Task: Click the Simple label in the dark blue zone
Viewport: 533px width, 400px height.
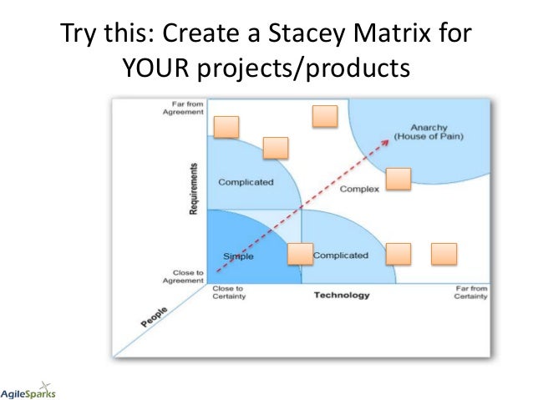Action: click(238, 256)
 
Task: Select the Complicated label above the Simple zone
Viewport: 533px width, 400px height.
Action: click(245, 182)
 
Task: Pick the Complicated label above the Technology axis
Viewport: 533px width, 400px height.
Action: click(340, 256)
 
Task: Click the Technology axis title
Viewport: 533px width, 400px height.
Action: click(341, 295)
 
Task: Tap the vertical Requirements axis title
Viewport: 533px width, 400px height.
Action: click(194, 189)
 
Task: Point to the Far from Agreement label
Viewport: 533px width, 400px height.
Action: click(182, 109)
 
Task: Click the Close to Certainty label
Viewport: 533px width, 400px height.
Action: click(228, 292)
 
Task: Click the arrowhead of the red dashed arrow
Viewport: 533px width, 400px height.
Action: click(388, 140)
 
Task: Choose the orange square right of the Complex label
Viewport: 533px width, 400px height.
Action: click(398, 179)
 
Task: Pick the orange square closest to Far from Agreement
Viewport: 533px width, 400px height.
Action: click(226, 127)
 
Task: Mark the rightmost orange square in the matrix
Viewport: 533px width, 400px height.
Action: click(444, 254)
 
